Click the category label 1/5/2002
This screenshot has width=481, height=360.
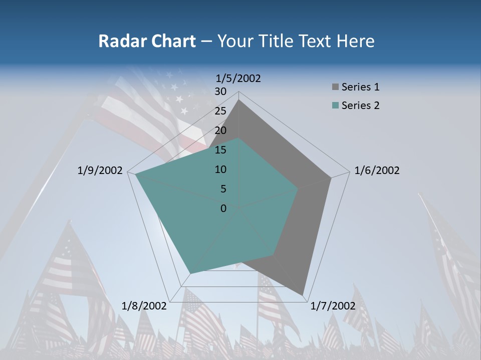(x=238, y=78)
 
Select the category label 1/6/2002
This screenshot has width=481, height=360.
(x=377, y=170)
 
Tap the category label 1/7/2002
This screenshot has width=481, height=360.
(x=333, y=306)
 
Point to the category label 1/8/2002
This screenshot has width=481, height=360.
(x=144, y=306)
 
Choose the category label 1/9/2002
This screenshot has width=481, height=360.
(x=100, y=170)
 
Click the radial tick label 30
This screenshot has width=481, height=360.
(x=220, y=91)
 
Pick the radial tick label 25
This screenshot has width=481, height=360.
(x=220, y=111)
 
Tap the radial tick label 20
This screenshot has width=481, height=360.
(x=220, y=130)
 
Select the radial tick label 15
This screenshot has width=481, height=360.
(x=220, y=150)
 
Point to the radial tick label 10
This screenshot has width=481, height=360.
(x=220, y=169)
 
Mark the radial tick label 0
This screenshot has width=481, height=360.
(x=223, y=208)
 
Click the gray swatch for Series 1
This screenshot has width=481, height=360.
(x=335, y=87)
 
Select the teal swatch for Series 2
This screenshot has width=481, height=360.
(x=335, y=105)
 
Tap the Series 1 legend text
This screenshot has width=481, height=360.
(x=360, y=87)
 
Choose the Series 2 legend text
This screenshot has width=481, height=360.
(x=360, y=105)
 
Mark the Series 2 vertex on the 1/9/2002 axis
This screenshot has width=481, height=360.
(x=136, y=174)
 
